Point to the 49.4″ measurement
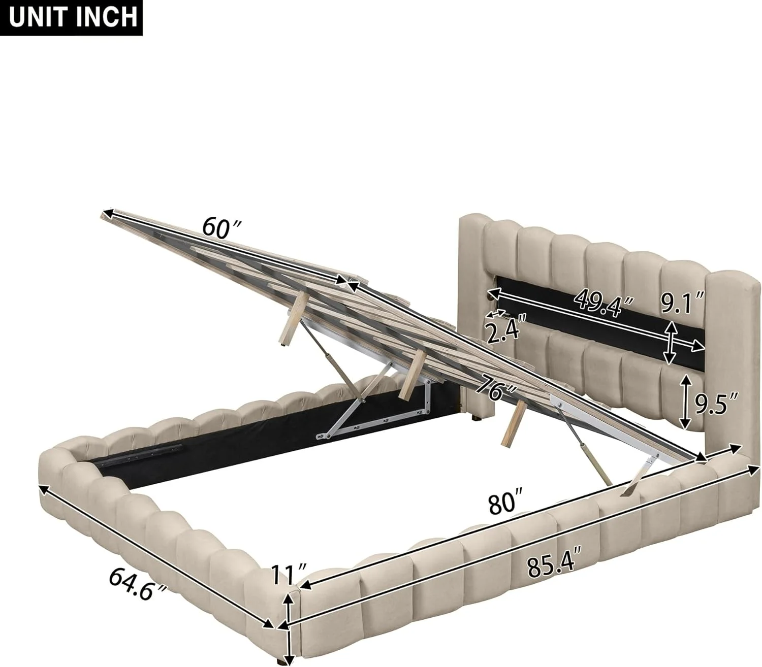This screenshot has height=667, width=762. (605, 304)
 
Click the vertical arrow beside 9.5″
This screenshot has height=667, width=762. (685, 400)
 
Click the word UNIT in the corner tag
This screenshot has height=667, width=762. (36, 17)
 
